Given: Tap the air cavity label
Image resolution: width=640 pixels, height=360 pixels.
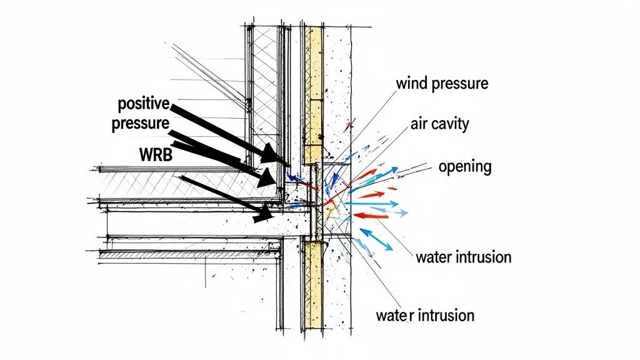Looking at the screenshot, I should pos(440,124).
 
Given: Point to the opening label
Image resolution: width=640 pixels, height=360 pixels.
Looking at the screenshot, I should pos(464,167).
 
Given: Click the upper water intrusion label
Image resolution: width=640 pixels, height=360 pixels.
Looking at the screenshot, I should pos(463,257).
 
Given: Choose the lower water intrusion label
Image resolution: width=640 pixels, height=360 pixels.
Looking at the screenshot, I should pos(425,314).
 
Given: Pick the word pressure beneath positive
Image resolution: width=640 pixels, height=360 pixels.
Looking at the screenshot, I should pos(140,122).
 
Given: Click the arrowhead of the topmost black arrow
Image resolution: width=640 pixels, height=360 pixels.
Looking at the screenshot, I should pos(275,154).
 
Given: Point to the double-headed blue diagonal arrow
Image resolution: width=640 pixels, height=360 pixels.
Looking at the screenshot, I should pos(375,239).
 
